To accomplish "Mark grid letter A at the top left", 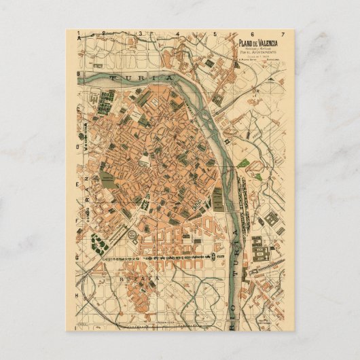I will click(79, 39).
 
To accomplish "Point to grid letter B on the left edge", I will click(79, 73).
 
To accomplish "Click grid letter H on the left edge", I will click(79, 297).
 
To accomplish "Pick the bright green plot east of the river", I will click(242, 164).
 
